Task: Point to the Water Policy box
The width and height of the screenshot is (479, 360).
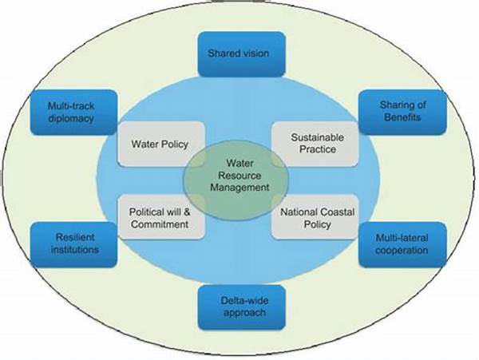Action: pyautogui.click(x=159, y=144)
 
